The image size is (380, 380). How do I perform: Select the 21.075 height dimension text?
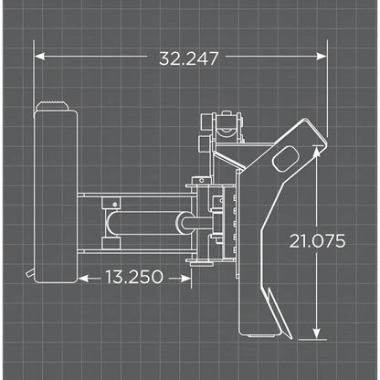pos(315,241)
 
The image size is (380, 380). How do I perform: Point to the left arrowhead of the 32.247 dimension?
pos(39,57)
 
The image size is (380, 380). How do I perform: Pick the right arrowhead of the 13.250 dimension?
pos(185,276)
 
